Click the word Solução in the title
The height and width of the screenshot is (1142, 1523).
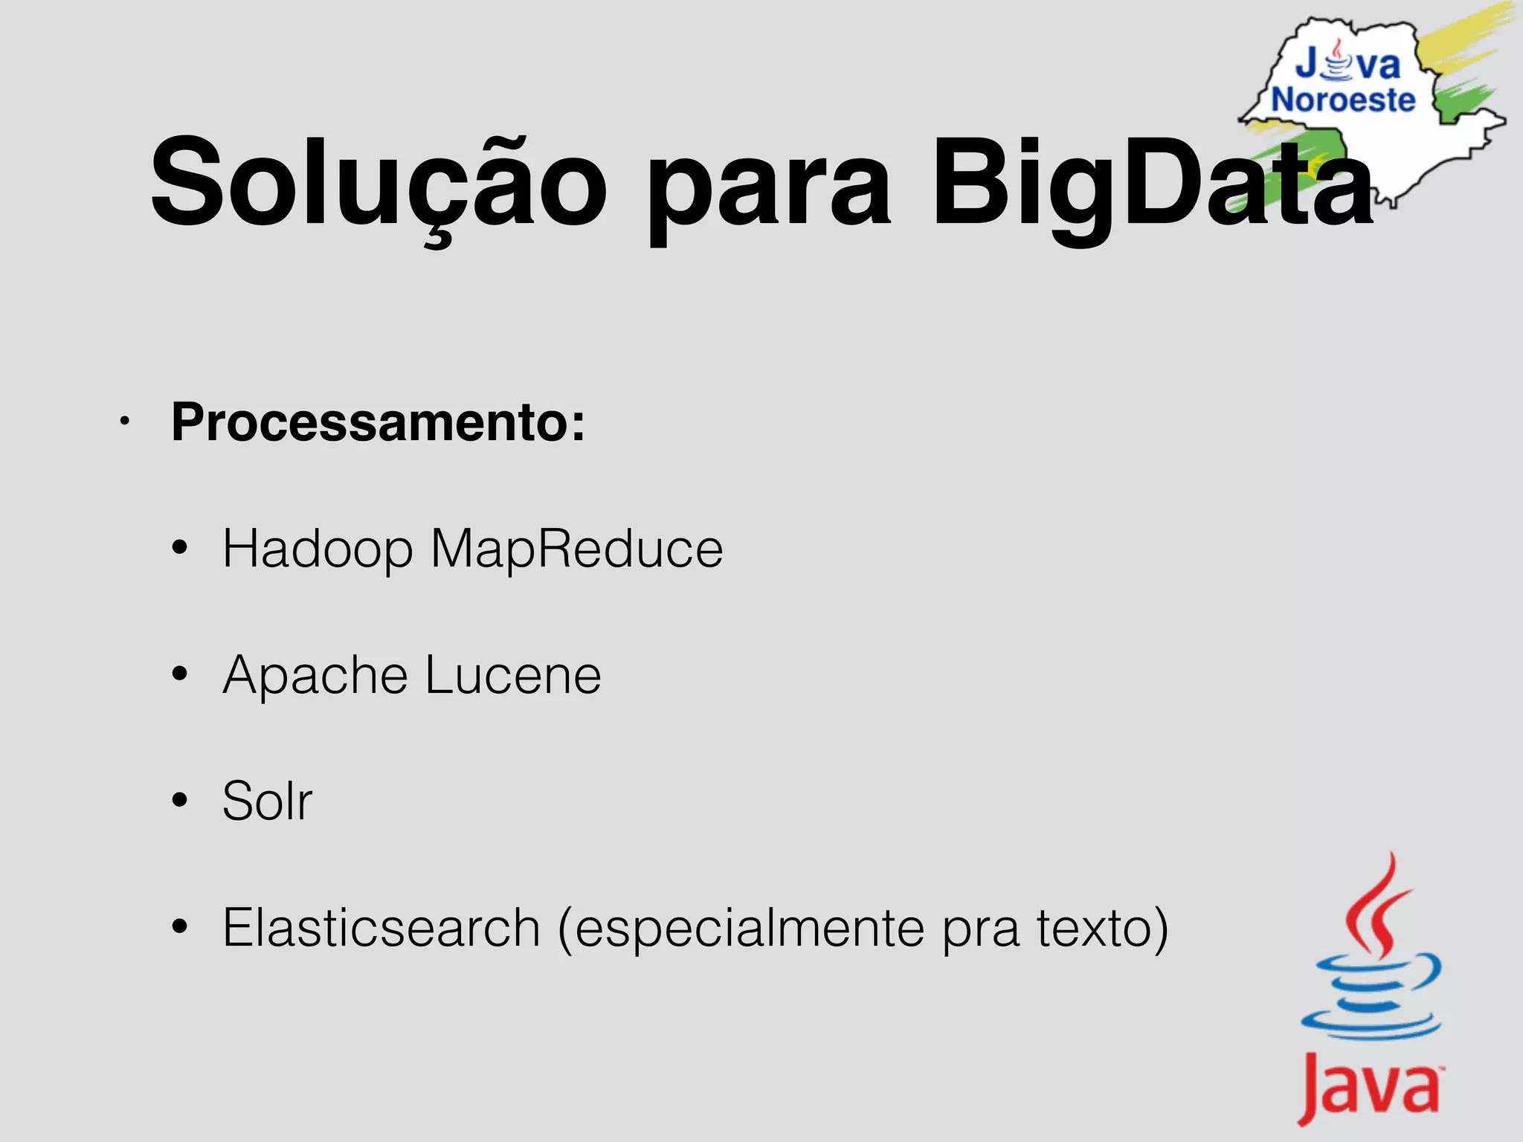(x=378, y=184)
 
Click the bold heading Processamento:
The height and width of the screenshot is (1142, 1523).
(x=378, y=422)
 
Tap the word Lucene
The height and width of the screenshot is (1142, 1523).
(x=513, y=675)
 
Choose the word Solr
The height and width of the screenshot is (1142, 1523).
(x=267, y=801)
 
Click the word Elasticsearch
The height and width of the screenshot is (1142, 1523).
(x=381, y=928)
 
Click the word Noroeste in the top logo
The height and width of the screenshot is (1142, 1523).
(x=1343, y=100)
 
